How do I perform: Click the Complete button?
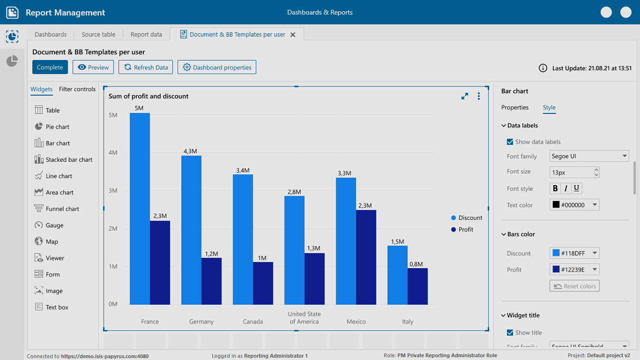(x=50, y=67)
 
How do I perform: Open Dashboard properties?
(x=217, y=67)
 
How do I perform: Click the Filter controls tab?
(x=77, y=89)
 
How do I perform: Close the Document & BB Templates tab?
(x=293, y=34)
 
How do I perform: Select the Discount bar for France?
(x=140, y=209)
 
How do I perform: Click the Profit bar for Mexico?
(x=366, y=257)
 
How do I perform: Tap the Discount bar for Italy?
(x=397, y=275)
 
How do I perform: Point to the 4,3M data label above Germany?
(x=191, y=151)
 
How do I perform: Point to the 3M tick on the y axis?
(x=113, y=191)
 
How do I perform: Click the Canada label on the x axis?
(x=253, y=322)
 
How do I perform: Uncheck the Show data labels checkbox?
(x=510, y=142)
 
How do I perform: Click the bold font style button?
(x=555, y=188)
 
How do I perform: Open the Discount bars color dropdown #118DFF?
(x=574, y=253)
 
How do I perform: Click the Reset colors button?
(x=574, y=286)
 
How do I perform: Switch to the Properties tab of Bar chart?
(x=515, y=107)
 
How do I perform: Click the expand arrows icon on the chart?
(x=465, y=96)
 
